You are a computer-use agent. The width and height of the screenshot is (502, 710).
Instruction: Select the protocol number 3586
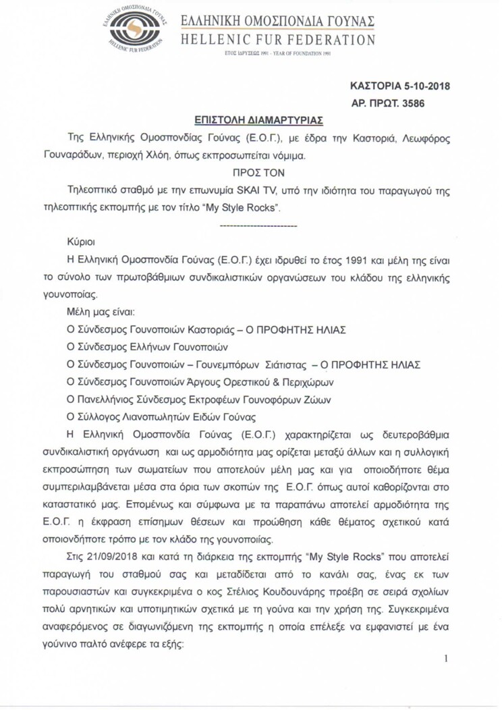point(412,104)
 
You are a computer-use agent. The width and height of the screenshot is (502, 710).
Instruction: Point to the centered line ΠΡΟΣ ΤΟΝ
point(250,172)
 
